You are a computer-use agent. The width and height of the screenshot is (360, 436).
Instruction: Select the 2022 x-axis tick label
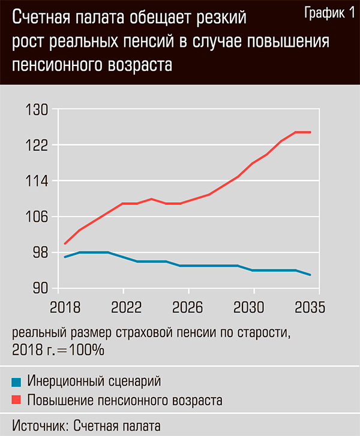(122, 308)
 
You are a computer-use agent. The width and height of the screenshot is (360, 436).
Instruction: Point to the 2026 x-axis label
(188, 308)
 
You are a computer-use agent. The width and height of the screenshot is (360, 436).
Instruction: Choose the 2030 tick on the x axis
(253, 308)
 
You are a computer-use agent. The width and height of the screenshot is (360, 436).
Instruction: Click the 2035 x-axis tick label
(308, 308)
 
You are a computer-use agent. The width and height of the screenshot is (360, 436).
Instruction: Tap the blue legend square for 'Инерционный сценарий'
(17, 381)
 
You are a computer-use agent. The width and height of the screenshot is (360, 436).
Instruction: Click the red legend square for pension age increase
(17, 398)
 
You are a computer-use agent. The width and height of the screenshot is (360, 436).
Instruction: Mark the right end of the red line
(310, 132)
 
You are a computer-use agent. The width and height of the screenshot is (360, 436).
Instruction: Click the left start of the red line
(65, 243)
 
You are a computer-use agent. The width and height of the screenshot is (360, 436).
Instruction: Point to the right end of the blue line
(310, 275)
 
